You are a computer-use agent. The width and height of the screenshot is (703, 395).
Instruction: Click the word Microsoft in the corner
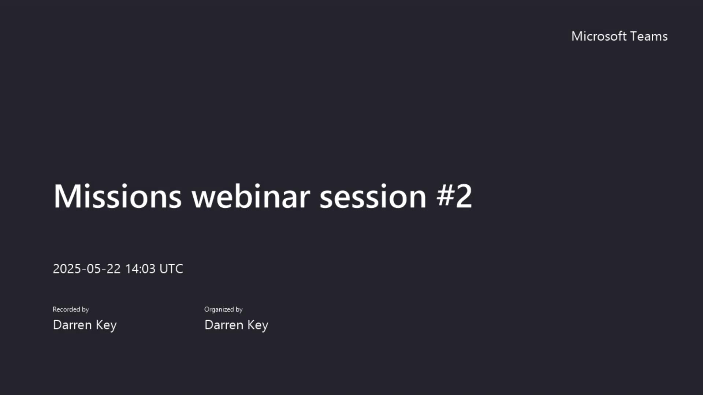click(x=599, y=36)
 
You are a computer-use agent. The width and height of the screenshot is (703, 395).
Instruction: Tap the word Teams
click(x=649, y=36)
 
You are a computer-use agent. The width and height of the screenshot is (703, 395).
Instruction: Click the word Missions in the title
click(x=118, y=196)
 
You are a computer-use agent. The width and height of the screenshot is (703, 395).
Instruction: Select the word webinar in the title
click(x=251, y=196)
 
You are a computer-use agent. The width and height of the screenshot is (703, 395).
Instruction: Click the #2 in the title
click(x=454, y=196)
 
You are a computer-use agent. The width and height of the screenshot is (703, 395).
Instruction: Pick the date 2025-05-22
click(x=87, y=269)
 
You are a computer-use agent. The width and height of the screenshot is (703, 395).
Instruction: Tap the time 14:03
click(x=140, y=269)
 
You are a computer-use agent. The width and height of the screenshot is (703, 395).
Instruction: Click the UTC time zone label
click(x=171, y=269)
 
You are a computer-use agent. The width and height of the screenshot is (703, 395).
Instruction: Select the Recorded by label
click(x=71, y=309)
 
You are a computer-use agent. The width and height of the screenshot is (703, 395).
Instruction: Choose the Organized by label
click(x=223, y=309)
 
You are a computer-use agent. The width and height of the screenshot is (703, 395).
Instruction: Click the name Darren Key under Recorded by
click(x=85, y=325)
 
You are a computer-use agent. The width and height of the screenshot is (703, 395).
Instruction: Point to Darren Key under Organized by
click(x=236, y=325)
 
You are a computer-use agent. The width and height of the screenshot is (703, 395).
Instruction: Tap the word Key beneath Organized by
click(x=258, y=325)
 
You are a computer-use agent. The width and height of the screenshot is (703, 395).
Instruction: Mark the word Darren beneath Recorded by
click(x=72, y=325)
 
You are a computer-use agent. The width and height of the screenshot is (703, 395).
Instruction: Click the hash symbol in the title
click(x=445, y=196)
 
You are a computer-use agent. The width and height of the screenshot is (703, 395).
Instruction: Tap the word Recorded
click(x=66, y=309)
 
